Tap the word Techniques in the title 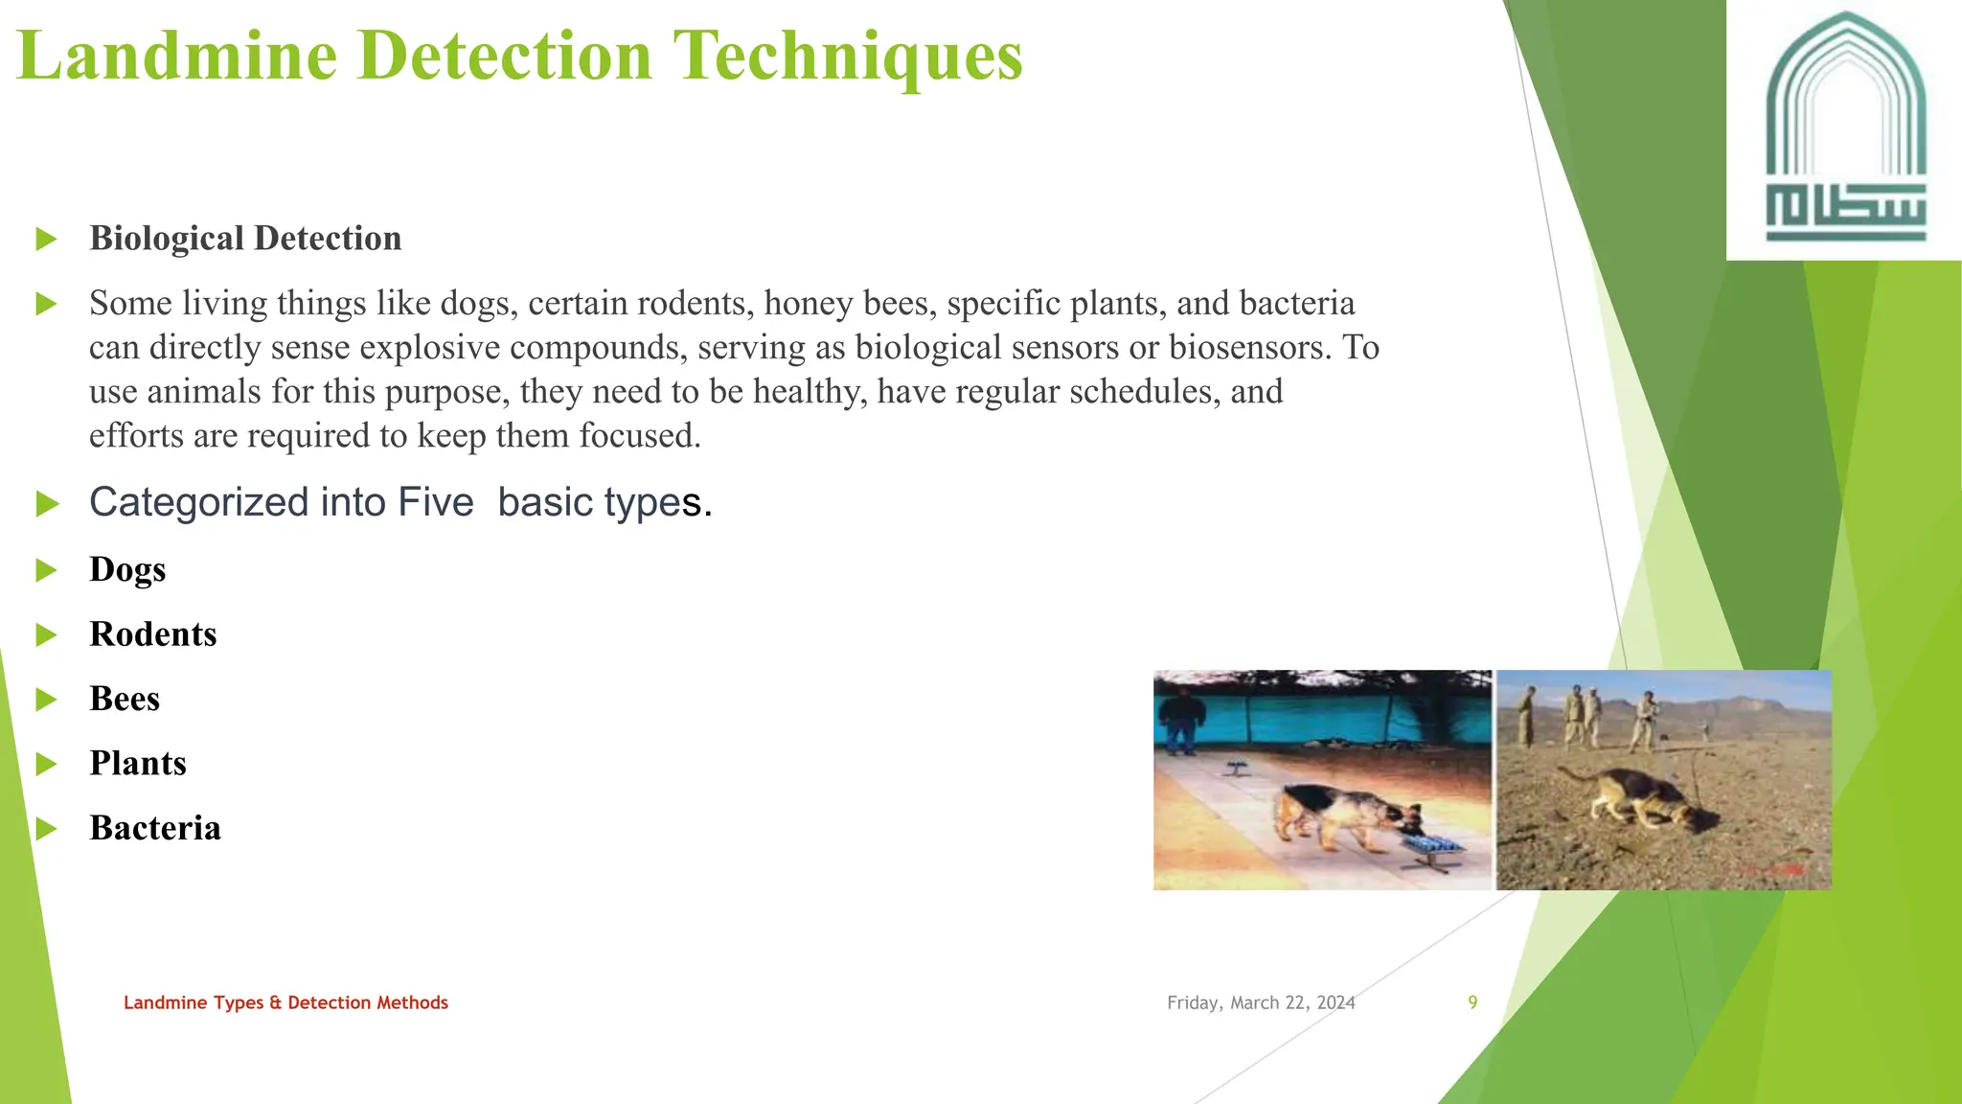click(x=849, y=56)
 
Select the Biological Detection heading click(x=245, y=239)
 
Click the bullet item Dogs click(x=127, y=569)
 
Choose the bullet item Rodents click(x=153, y=634)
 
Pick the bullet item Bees click(x=125, y=699)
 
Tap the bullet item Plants click(x=138, y=764)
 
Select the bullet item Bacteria click(x=155, y=828)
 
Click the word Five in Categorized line click(x=436, y=502)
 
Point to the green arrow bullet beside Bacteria click(x=46, y=829)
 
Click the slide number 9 click(x=1472, y=1002)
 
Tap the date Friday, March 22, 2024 click(x=1261, y=1002)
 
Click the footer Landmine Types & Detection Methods click(x=285, y=1002)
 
